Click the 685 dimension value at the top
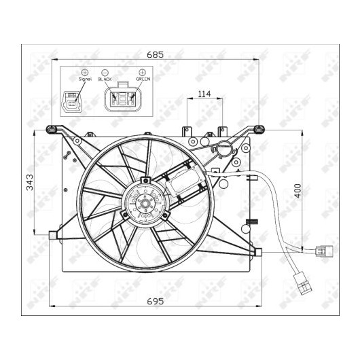[155, 54]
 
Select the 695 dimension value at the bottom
[156, 301]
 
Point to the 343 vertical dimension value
[30, 183]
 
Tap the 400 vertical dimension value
[298, 191]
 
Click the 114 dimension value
[204, 94]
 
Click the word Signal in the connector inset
[85, 79]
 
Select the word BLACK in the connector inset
[105, 79]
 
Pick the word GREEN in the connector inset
[143, 79]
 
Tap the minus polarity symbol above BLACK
[105, 72]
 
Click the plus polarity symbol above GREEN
[143, 72]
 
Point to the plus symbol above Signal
[85, 72]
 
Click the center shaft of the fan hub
[145, 203]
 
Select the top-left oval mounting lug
[52, 130]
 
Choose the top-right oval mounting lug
[259, 130]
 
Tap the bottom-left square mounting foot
[52, 235]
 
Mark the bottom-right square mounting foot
[258, 252]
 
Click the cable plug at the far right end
[324, 251]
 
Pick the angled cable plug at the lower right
[302, 283]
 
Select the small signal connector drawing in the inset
[71, 102]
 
